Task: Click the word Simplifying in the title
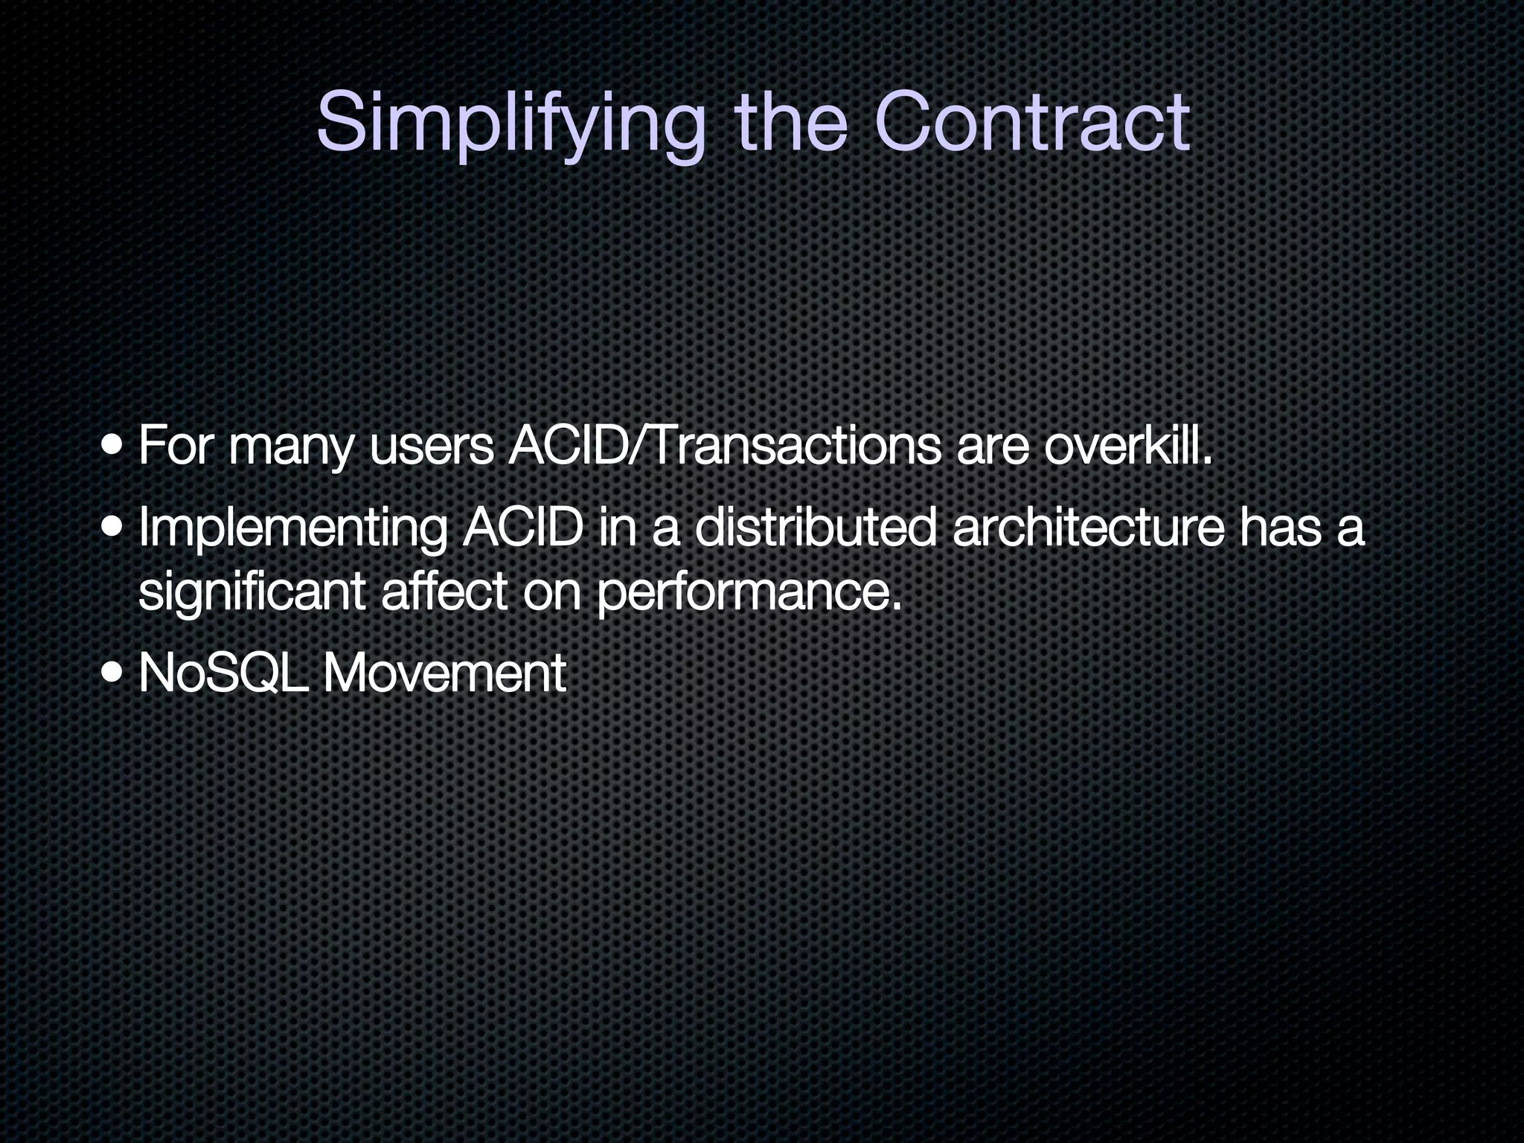tap(510, 123)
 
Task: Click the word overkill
tap(1128, 446)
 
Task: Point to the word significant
tap(252, 592)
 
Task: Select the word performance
tap(749, 594)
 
